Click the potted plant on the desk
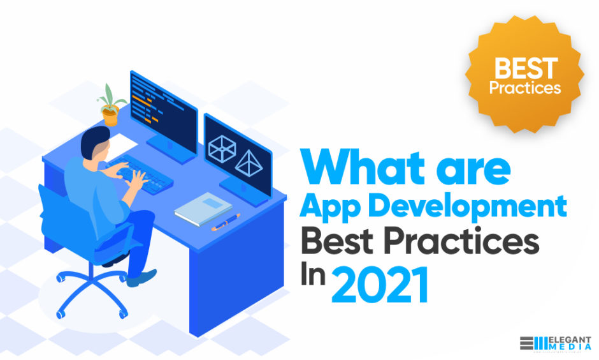(x=110, y=105)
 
